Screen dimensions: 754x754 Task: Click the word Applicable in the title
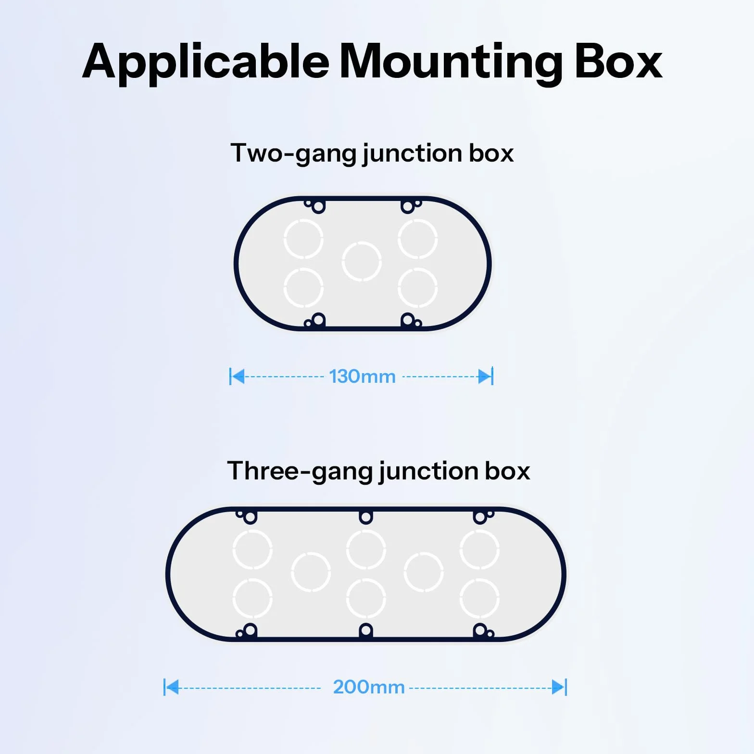206,63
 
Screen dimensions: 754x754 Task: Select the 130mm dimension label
362,377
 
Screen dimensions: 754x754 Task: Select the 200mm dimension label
369,687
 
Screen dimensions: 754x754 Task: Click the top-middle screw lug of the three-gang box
366,517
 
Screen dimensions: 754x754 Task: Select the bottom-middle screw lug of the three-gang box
366,630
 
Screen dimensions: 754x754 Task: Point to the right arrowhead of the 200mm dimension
558,687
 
